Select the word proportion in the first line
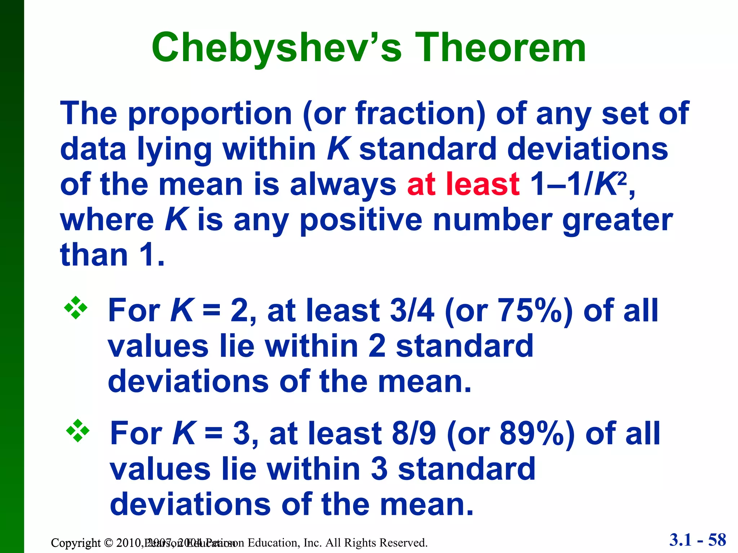coord(210,114)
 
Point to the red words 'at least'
coord(463,184)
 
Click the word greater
coord(617,220)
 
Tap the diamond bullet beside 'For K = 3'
coord(77,431)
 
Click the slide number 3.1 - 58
coord(698,540)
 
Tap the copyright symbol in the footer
coord(108,543)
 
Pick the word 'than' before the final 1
coord(94,255)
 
